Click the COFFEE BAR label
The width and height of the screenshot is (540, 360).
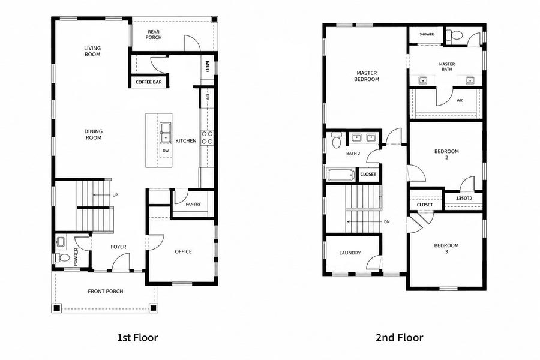click(x=148, y=82)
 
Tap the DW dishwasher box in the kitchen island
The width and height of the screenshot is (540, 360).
click(x=166, y=151)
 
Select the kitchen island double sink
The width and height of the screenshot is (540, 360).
click(x=166, y=133)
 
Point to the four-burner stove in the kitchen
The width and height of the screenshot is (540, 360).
click(x=208, y=137)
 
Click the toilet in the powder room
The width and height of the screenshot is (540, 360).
click(x=62, y=257)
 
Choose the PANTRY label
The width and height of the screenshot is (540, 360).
click(x=193, y=204)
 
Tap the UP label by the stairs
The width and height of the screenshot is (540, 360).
click(x=115, y=195)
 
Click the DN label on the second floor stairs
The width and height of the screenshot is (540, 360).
click(x=387, y=222)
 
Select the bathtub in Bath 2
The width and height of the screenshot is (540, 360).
click(x=341, y=175)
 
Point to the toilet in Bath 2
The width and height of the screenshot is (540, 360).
click(x=336, y=140)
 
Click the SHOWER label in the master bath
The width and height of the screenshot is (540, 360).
click(x=427, y=34)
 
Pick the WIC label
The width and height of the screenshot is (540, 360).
click(x=460, y=101)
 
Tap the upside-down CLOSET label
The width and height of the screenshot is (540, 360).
click(x=464, y=199)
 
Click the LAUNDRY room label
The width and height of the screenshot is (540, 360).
click(x=350, y=253)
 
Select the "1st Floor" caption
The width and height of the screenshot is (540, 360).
click(x=138, y=338)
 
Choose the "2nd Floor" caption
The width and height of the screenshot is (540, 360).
click(x=400, y=338)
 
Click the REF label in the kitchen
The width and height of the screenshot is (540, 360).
click(x=208, y=97)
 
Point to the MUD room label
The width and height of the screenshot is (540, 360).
click(x=208, y=67)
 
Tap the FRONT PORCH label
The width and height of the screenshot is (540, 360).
click(x=106, y=291)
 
